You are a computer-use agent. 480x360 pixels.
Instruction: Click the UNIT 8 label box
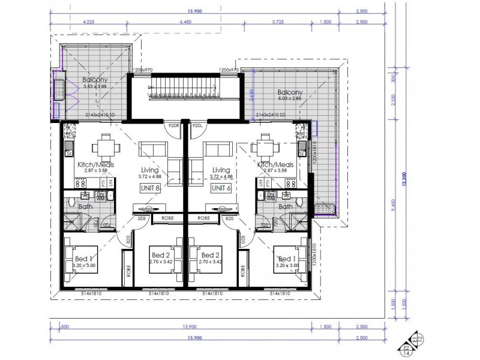(151, 188)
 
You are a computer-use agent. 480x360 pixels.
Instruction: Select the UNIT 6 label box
(220, 188)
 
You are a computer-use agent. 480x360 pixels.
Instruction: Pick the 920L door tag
(197, 126)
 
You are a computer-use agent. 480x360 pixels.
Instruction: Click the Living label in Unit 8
(151, 170)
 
